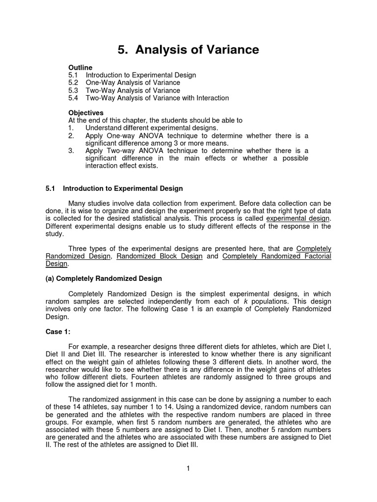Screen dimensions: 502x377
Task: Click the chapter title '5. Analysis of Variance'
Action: [x=188, y=50]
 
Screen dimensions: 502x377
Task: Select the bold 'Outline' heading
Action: [x=81, y=67]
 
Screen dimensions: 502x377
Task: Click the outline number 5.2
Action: [x=74, y=83]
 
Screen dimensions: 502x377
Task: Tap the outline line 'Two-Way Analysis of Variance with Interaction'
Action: [x=157, y=98]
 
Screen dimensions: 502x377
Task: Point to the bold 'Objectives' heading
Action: [x=86, y=113]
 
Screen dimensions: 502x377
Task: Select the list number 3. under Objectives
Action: [x=71, y=151]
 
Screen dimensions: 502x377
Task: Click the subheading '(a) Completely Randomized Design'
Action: [x=104, y=278]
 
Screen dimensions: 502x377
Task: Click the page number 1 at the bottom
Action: [x=188, y=469]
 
